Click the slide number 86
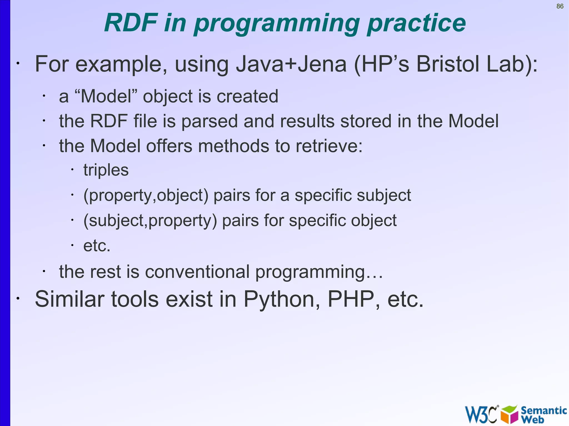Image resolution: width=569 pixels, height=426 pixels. pyautogui.click(x=560, y=6)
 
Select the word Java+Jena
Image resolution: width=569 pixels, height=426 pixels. pyautogui.click(x=291, y=64)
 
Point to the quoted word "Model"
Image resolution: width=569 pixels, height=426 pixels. pyautogui.click(x=106, y=96)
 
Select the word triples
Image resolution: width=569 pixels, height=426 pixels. pyautogui.click(x=106, y=170)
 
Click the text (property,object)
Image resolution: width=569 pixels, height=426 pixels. pyautogui.click(x=146, y=195)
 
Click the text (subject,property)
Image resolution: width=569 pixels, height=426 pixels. pyautogui.click(x=150, y=221)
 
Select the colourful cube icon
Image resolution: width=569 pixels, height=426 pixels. pyautogui.click(x=509, y=414)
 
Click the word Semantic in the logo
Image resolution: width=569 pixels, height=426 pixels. pyautogui.click(x=543, y=410)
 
